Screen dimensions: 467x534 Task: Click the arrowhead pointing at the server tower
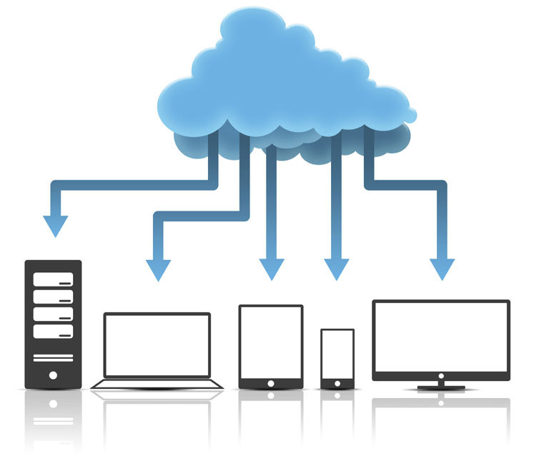tap(55, 226)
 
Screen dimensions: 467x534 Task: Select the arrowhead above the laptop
tap(158, 269)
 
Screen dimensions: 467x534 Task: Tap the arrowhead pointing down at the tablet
tap(272, 269)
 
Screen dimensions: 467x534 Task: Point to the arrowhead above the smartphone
tap(336, 269)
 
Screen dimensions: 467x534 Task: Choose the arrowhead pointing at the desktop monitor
tap(442, 269)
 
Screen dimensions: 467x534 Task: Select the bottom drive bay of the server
tap(54, 332)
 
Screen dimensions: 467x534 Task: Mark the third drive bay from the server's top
tap(54, 314)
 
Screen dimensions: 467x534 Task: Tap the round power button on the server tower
tap(54, 375)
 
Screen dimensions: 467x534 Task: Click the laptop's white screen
tap(157, 345)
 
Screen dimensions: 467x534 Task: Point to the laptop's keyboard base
tap(157, 384)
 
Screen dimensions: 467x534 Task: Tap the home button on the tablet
tap(271, 383)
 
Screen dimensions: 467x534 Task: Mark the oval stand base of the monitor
tap(441, 387)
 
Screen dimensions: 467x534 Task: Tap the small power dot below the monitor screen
tap(441, 375)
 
